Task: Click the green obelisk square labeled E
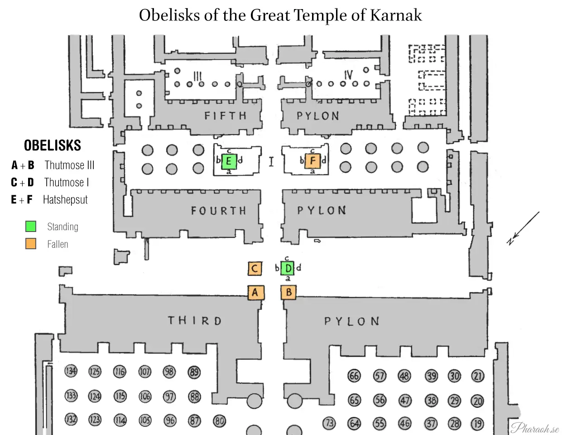click(x=229, y=161)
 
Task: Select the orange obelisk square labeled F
click(x=312, y=161)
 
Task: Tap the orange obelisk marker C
click(x=255, y=269)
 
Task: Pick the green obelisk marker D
click(x=288, y=268)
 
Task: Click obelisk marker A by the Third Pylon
click(x=255, y=292)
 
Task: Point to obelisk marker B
click(x=288, y=292)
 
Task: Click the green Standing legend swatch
click(x=31, y=226)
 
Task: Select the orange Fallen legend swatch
click(x=31, y=244)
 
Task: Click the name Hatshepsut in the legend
click(x=65, y=200)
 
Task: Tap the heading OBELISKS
click(x=53, y=145)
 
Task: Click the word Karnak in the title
click(x=396, y=15)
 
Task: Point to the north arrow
click(x=523, y=228)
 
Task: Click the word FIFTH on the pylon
click(x=225, y=116)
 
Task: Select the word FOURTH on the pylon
click(x=218, y=211)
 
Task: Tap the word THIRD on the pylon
click(x=195, y=321)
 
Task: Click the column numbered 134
click(x=71, y=371)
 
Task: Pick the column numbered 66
click(x=354, y=376)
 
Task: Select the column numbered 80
click(x=219, y=421)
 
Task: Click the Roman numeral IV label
click(x=348, y=75)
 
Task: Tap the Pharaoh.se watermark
click(x=535, y=427)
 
